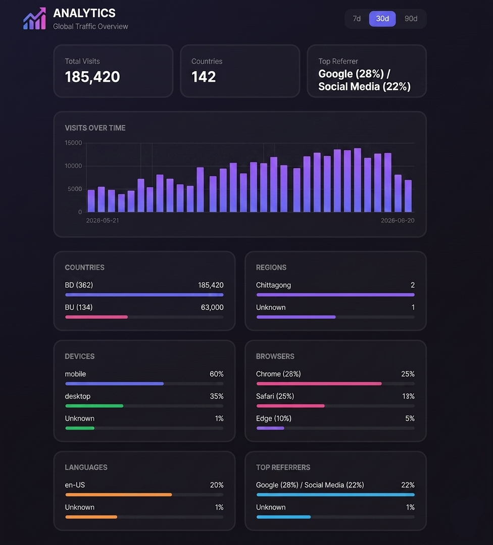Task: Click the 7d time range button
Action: (x=357, y=19)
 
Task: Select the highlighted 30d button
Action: (x=382, y=19)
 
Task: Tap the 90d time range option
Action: (x=411, y=19)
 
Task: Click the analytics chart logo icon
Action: (x=34, y=19)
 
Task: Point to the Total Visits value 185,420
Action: (x=92, y=77)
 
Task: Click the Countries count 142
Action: (x=204, y=77)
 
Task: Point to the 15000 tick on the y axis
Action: (x=73, y=143)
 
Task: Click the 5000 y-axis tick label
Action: (x=75, y=189)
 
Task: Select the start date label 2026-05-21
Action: (x=103, y=221)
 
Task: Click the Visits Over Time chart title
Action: (x=95, y=128)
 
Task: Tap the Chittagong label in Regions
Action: (x=273, y=285)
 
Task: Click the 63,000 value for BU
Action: (x=212, y=307)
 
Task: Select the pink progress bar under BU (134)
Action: (x=96, y=317)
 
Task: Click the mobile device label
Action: (x=75, y=374)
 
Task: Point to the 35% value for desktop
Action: (x=216, y=396)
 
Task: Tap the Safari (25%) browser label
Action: (x=275, y=396)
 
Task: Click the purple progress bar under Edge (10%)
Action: (x=270, y=428)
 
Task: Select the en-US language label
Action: (x=75, y=485)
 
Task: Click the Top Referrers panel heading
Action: (x=283, y=467)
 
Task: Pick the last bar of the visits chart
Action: (x=408, y=196)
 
